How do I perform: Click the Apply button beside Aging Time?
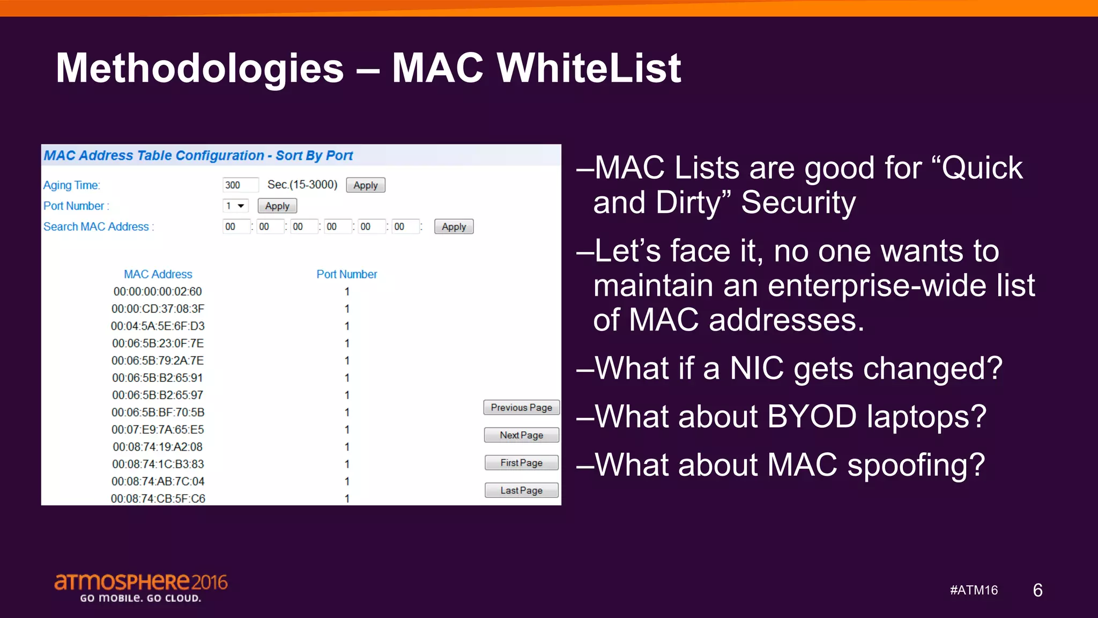(365, 185)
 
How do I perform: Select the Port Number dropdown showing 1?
(235, 206)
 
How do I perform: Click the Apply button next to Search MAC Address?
(454, 227)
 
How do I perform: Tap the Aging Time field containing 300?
(240, 185)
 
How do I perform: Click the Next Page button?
(521, 435)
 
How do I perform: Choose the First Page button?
(521, 463)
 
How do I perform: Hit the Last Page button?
(521, 490)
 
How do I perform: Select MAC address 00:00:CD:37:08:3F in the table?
(158, 309)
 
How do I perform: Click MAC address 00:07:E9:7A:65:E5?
(158, 430)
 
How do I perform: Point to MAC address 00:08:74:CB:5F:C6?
(158, 498)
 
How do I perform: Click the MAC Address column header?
(158, 274)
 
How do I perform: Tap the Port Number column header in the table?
(346, 274)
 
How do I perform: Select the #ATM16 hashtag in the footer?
(974, 590)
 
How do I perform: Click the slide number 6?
(1037, 590)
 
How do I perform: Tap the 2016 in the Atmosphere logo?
(210, 582)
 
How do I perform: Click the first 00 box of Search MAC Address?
(236, 227)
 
